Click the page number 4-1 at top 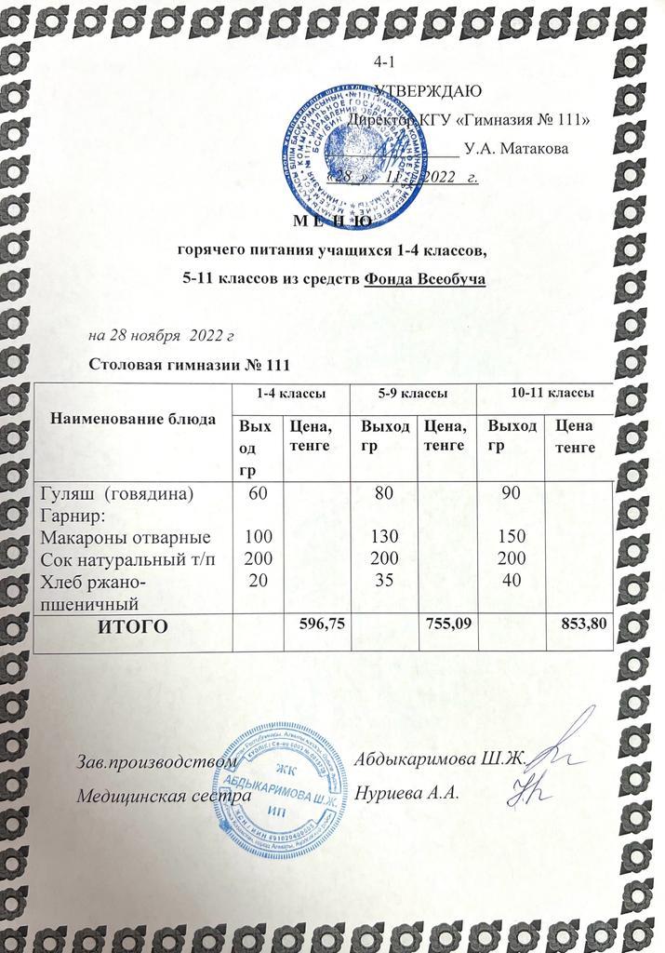point(381,61)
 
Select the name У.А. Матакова point(517,147)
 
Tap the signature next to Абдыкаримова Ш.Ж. point(558,745)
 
